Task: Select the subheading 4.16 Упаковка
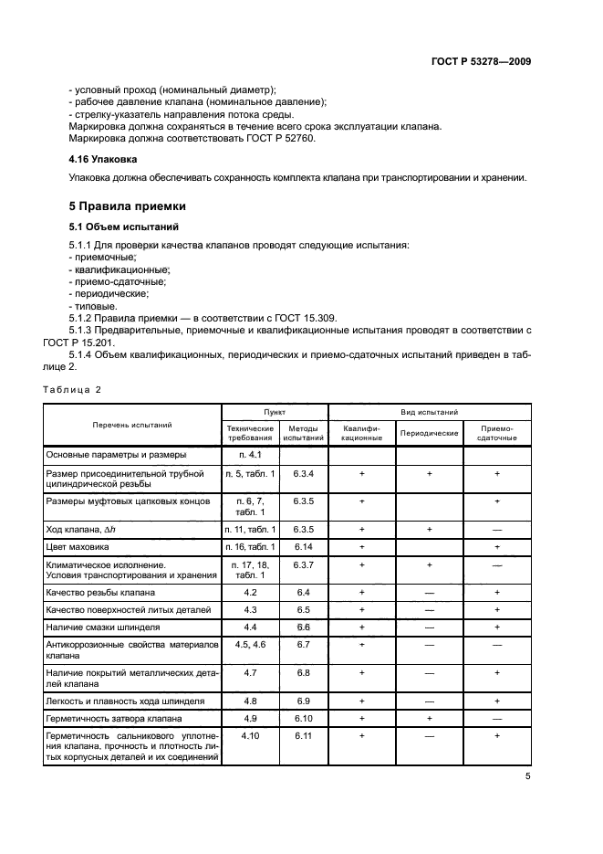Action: [x=102, y=158]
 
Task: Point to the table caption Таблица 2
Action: [x=72, y=389]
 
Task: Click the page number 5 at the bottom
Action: [x=527, y=776]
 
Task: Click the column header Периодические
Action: [x=429, y=433]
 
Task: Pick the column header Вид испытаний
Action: [x=429, y=413]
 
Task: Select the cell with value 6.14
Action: [x=303, y=547]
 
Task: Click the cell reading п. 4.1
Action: [x=249, y=454]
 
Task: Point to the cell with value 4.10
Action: [x=249, y=736]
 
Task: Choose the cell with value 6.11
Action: [x=303, y=736]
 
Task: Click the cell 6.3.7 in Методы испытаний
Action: [x=303, y=565]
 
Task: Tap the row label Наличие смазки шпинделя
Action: [x=103, y=628]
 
